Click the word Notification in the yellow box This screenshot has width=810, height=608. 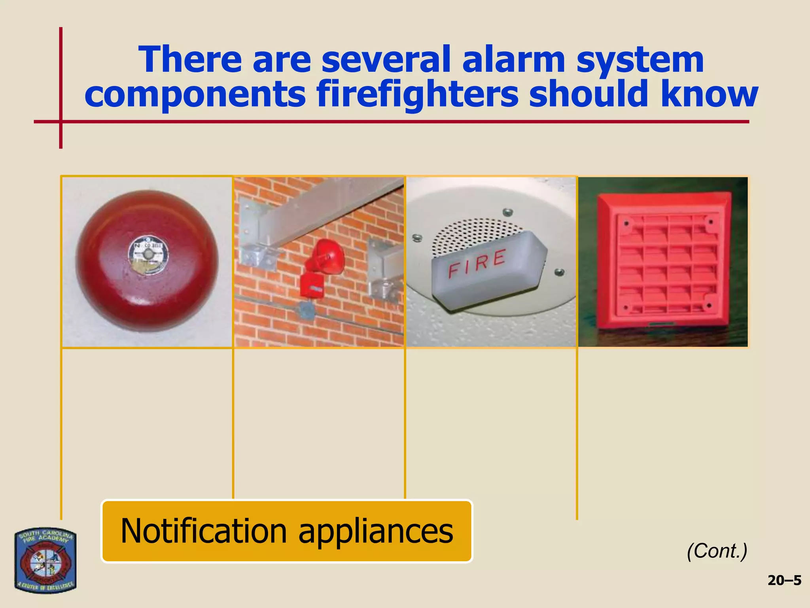click(x=204, y=531)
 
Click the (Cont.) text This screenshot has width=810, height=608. click(x=717, y=551)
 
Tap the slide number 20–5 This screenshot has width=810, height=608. click(x=784, y=581)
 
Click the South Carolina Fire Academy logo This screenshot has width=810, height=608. click(x=45, y=560)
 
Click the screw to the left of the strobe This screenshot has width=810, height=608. click(x=416, y=238)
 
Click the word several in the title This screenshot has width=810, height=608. click(x=386, y=60)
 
